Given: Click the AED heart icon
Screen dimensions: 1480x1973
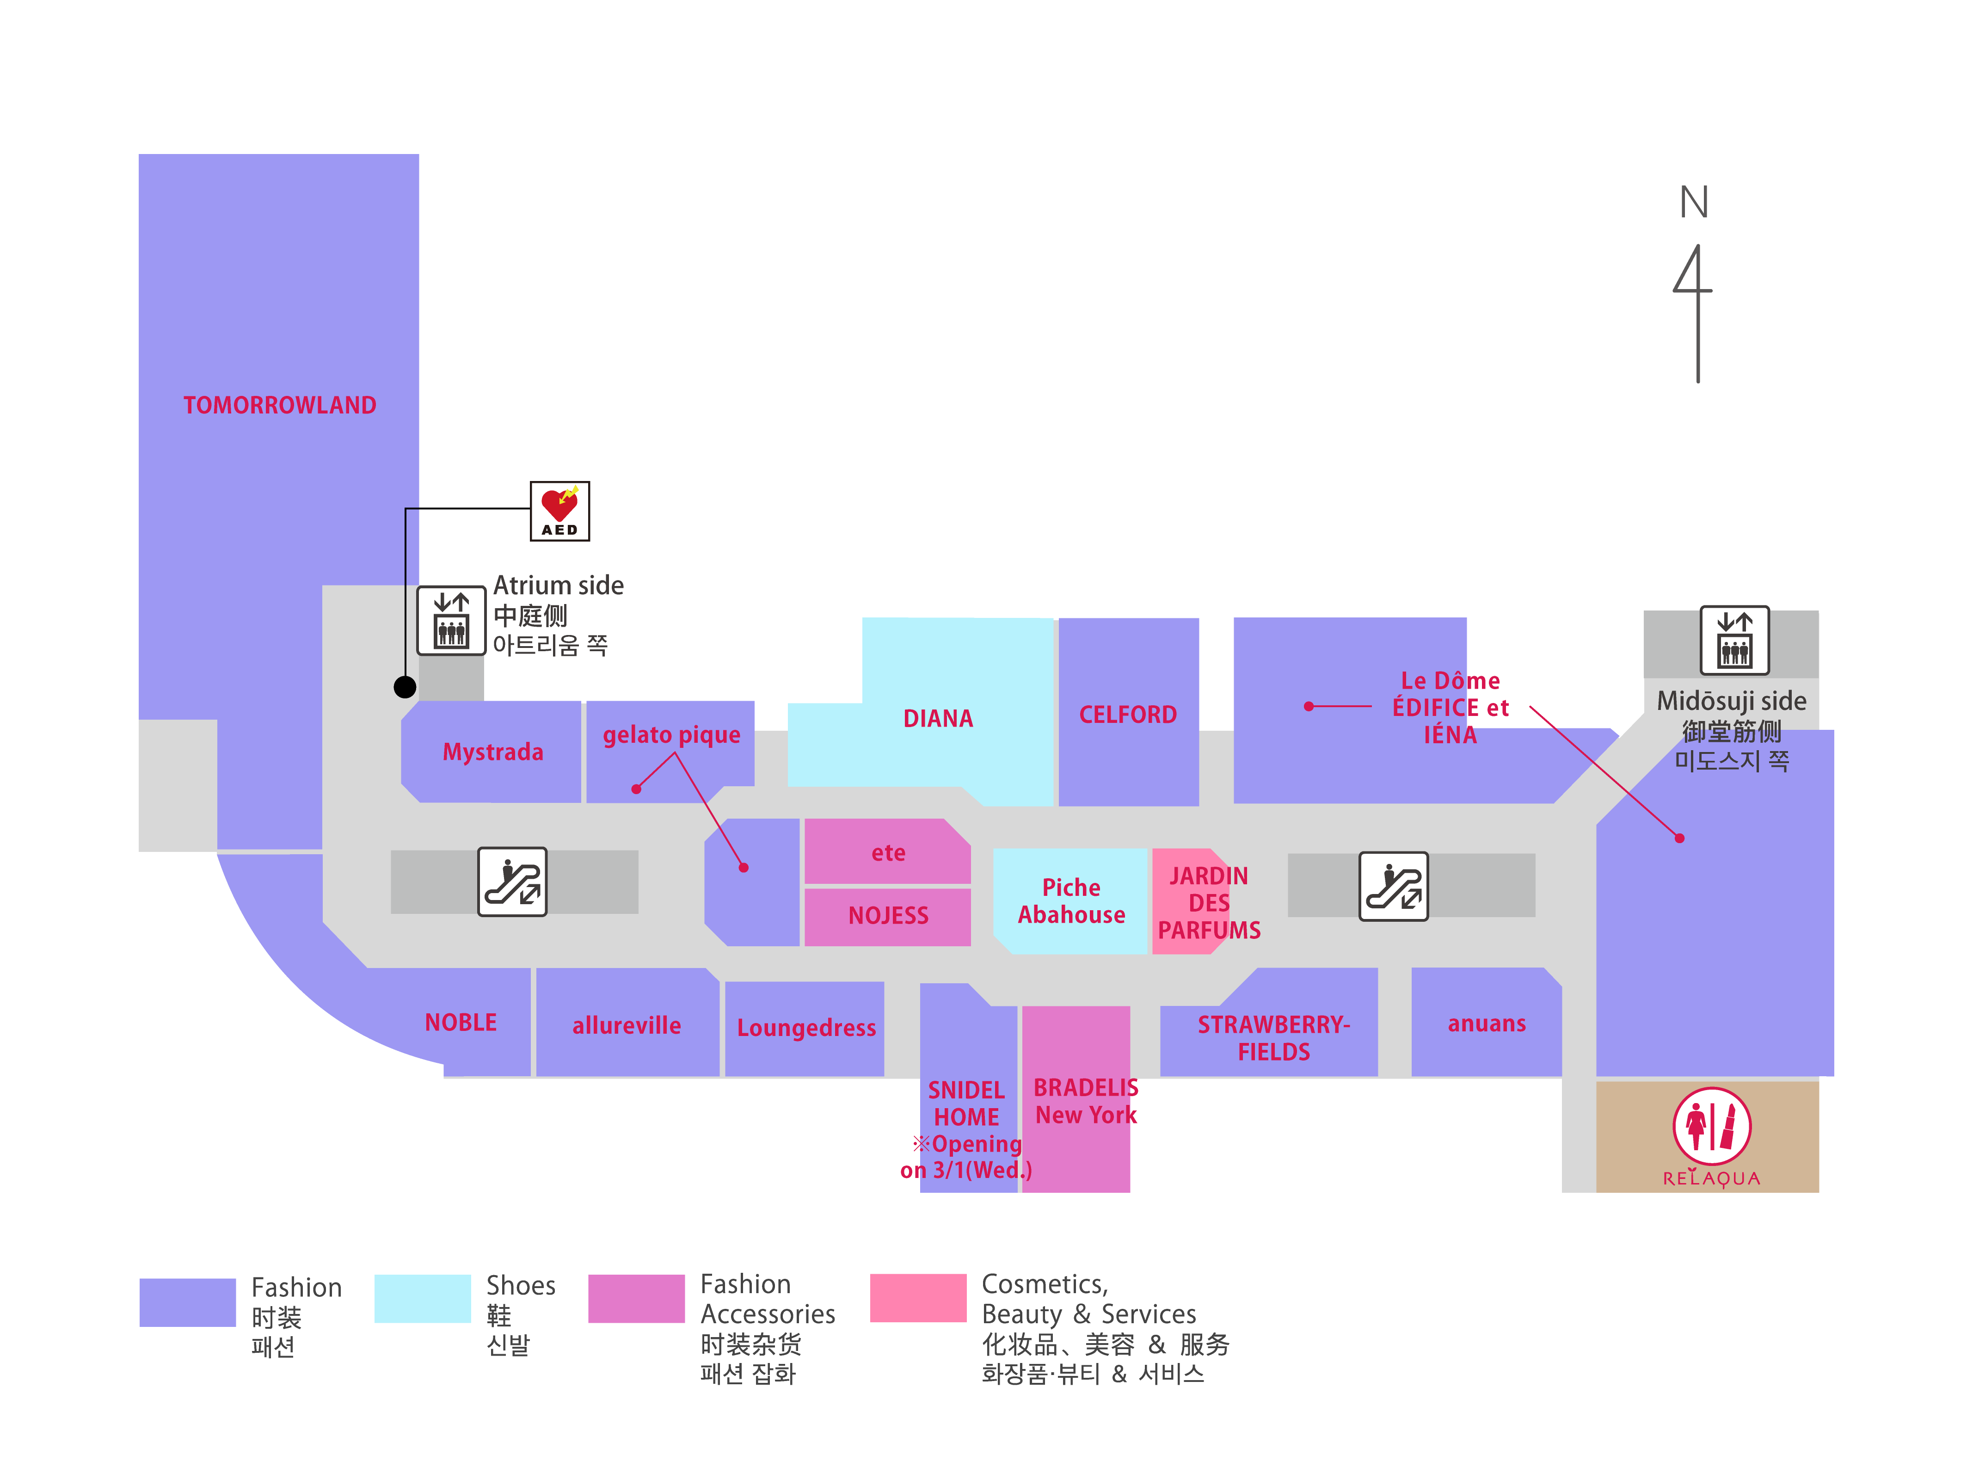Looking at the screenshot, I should point(559,510).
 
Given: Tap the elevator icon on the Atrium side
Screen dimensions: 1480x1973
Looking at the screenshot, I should point(451,621).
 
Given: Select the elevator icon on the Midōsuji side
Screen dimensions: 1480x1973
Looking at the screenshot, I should point(1734,641).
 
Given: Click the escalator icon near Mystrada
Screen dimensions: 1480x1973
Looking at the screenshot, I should point(512,882).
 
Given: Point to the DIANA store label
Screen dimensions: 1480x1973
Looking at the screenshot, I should point(937,718).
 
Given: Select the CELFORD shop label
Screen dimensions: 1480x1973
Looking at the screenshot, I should point(1127,715).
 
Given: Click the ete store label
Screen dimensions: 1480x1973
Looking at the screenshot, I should point(887,853).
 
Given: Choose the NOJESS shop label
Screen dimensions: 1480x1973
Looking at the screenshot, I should point(887,915).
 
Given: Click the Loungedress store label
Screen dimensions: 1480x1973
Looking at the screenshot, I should point(805,1028).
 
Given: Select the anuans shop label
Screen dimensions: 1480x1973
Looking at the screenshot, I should point(1486,1023).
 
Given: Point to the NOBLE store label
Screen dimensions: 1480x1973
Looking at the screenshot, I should point(460,1022).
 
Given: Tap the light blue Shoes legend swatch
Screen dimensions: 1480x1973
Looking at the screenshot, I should point(422,1298).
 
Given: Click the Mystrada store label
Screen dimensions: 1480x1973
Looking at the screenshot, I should point(492,752).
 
